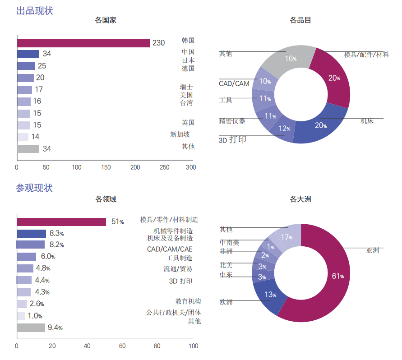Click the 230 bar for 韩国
(83, 43)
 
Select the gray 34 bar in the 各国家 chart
(28, 149)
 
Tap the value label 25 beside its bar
(42, 66)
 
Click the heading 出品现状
(35, 10)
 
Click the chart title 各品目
(300, 20)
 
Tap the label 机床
(367, 121)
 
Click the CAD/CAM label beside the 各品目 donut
(234, 84)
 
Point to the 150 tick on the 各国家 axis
(106, 167)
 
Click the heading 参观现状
(34, 188)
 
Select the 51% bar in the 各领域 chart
(61, 222)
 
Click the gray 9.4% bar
(31, 328)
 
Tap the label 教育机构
(188, 301)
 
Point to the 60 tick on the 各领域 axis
(122, 346)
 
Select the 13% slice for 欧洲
(269, 296)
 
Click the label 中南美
(229, 243)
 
